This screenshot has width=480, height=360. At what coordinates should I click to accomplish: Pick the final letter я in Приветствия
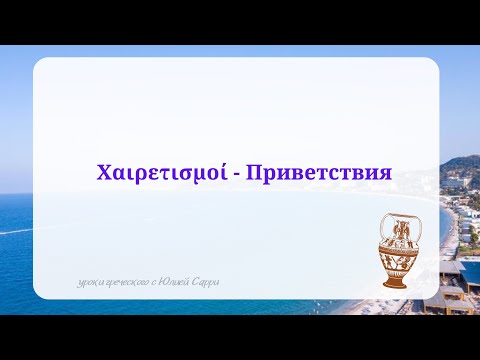383,173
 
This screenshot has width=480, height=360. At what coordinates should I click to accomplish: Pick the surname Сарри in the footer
209,282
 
